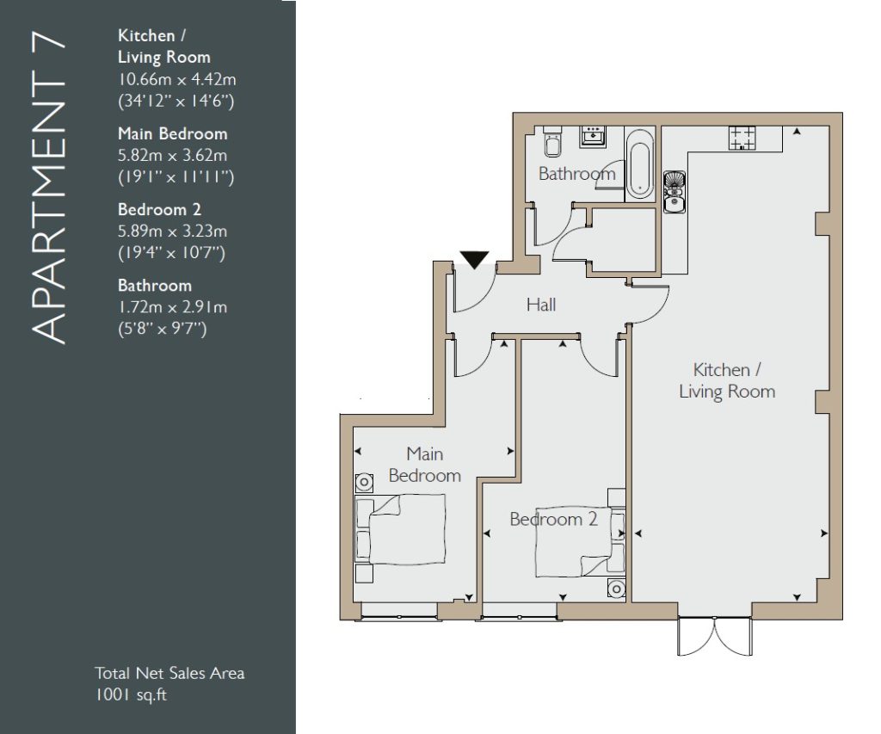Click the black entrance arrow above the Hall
tap(475, 259)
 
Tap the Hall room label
tap(541, 305)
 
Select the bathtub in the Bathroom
tap(640, 164)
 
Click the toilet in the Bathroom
tap(552, 142)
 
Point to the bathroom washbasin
tap(594, 136)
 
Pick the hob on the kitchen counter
tap(742, 138)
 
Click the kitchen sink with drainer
tap(675, 192)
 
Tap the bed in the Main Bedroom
tap(401, 529)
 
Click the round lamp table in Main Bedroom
tap(364, 482)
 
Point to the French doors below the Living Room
tap(715, 636)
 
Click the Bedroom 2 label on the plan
tap(553, 519)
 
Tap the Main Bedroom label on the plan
tap(425, 464)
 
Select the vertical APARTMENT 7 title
tap(49, 190)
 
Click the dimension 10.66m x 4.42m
tap(177, 79)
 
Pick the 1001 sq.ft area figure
tap(131, 694)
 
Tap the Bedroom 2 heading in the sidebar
tap(159, 210)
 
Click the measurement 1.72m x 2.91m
tap(172, 307)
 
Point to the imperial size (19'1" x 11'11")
tap(176, 177)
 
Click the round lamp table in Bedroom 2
tap(616, 589)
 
